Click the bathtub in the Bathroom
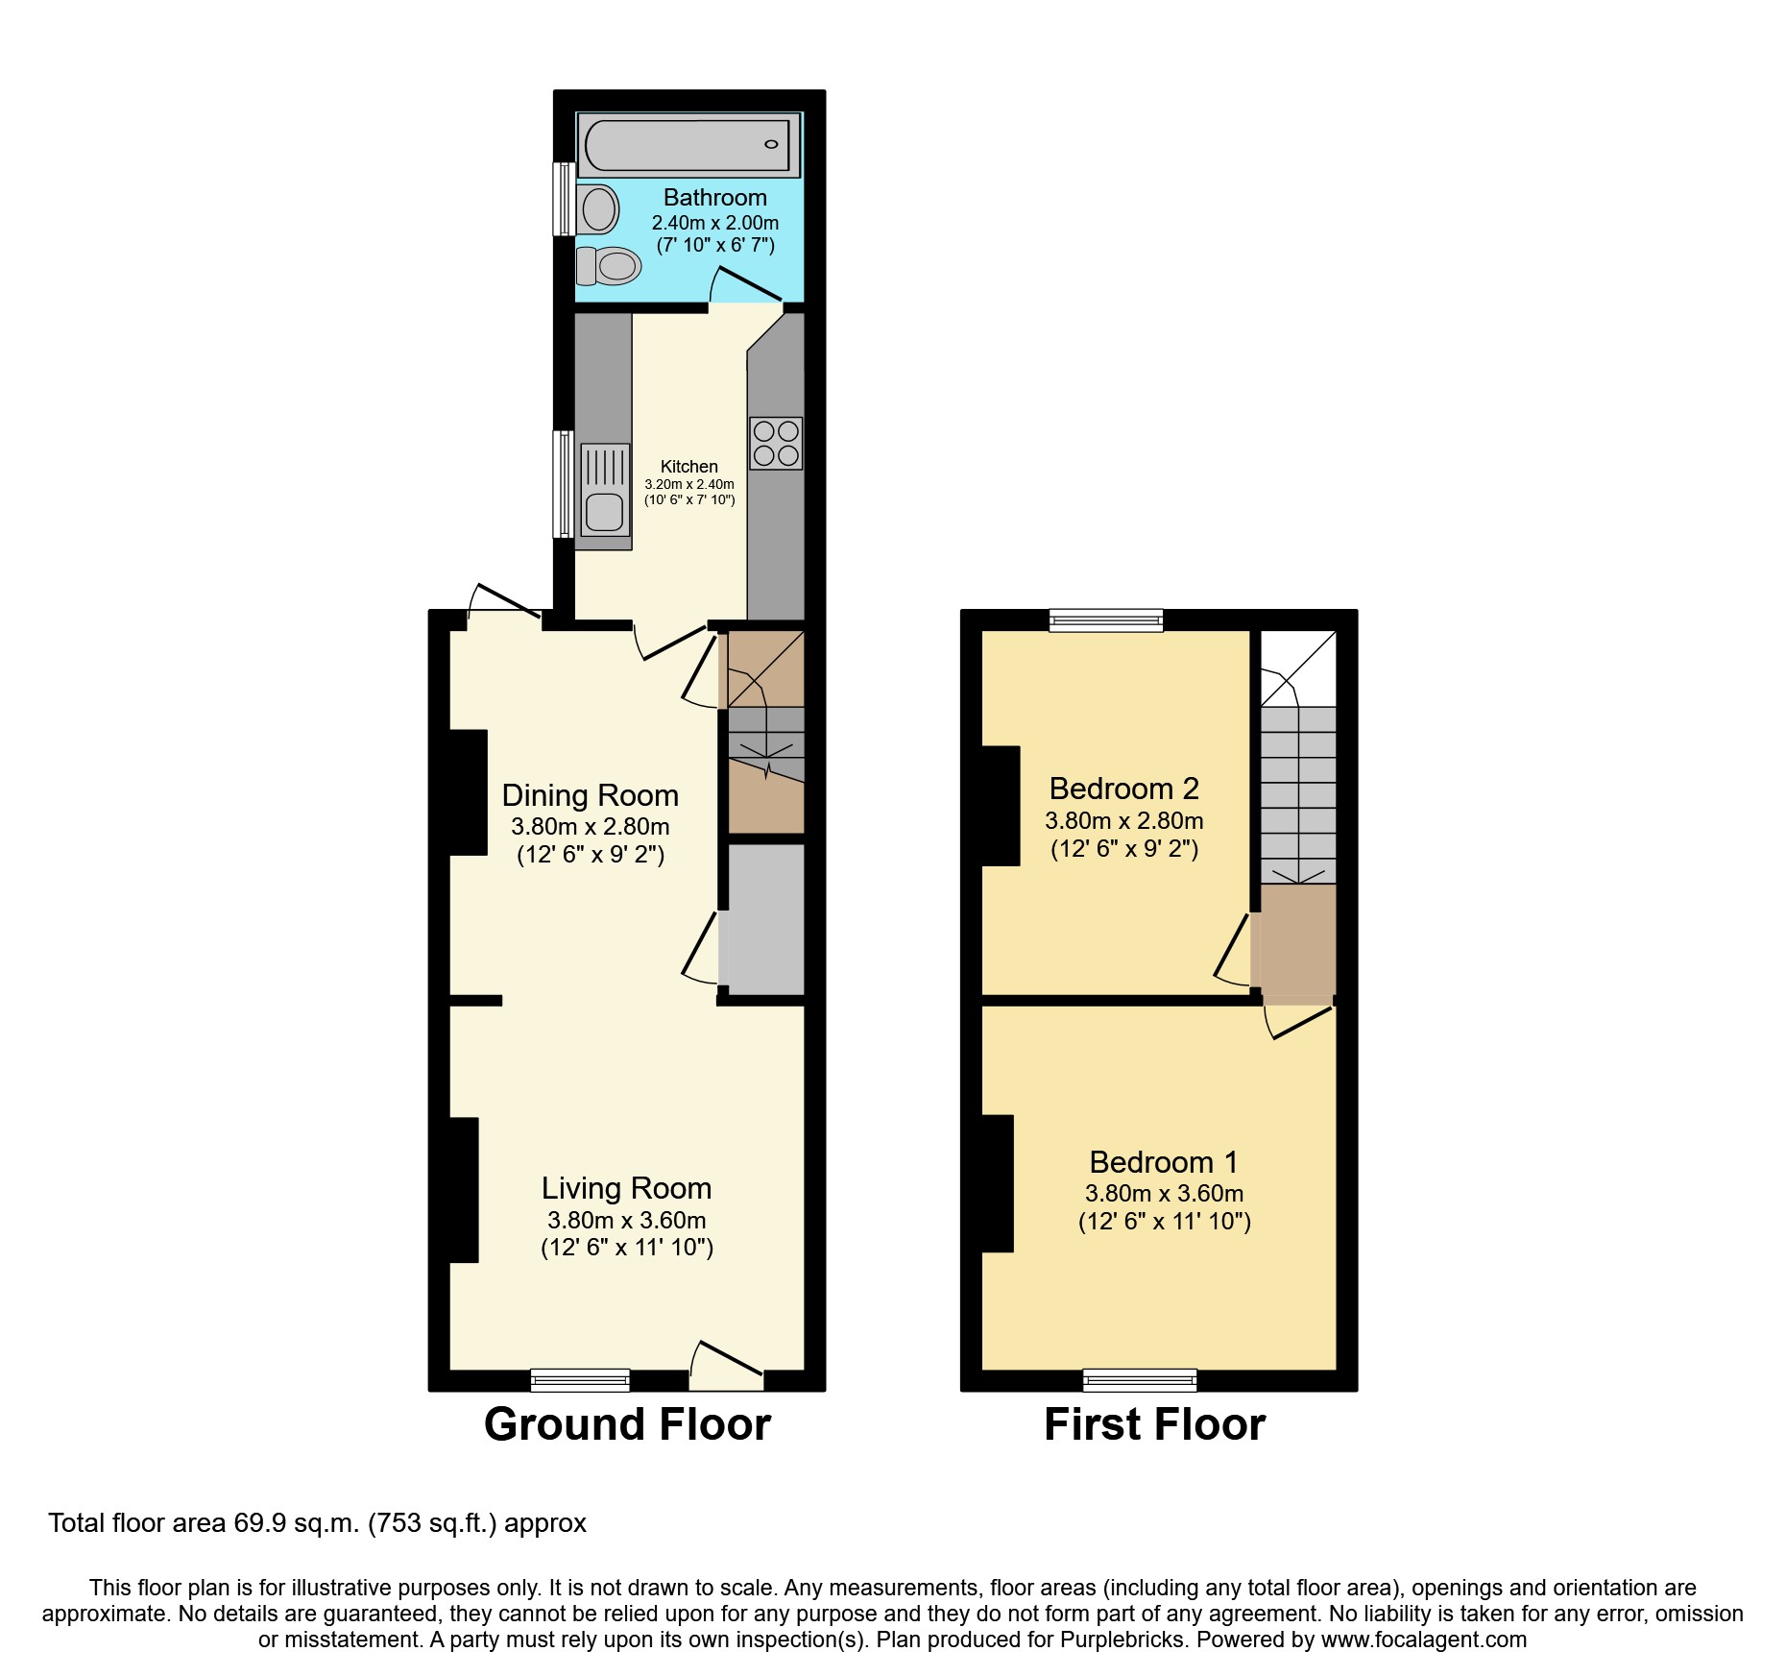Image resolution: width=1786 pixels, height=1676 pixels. click(x=688, y=145)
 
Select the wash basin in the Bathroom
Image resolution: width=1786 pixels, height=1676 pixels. click(x=598, y=208)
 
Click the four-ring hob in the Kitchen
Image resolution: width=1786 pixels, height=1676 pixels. click(x=776, y=443)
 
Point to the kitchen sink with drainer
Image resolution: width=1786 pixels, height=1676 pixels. click(x=605, y=490)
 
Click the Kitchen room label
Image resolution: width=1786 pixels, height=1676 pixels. click(x=688, y=466)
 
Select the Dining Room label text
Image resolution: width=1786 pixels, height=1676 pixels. click(x=590, y=795)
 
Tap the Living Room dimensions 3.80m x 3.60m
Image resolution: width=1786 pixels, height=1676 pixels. click(x=626, y=1220)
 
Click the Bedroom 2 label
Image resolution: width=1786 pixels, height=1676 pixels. click(x=1123, y=789)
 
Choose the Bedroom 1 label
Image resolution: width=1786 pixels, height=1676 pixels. click(x=1163, y=1162)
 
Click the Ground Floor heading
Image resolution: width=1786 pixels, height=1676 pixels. click(x=627, y=1423)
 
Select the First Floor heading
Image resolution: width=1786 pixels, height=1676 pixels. click(x=1154, y=1423)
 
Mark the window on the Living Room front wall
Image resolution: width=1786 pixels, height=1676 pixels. click(x=580, y=1380)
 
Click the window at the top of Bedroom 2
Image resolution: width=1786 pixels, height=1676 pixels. click(x=1106, y=620)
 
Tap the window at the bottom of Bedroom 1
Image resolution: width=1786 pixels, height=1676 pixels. click(x=1140, y=1380)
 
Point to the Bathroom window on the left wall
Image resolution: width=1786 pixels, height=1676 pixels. click(x=564, y=199)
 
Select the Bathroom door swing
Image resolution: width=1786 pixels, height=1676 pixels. click(x=745, y=285)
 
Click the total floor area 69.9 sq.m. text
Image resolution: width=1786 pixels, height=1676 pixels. click(x=317, y=1523)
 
